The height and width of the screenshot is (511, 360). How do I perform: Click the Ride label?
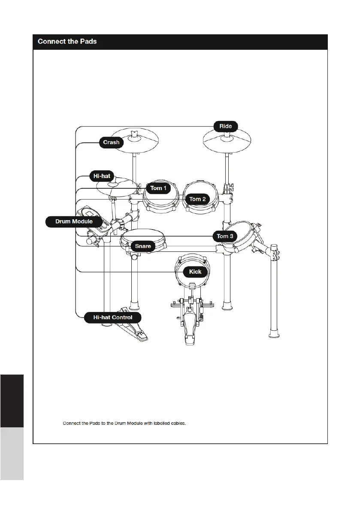[x=226, y=126]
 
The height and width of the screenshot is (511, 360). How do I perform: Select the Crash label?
[x=111, y=142]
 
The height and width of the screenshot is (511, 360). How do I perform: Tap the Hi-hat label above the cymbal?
[x=102, y=175]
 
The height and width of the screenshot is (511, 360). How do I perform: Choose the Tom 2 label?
[x=197, y=199]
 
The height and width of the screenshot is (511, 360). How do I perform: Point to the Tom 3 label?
[x=225, y=236]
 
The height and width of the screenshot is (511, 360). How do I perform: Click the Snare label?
[x=143, y=246]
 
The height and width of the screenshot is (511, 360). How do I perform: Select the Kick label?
[x=195, y=272]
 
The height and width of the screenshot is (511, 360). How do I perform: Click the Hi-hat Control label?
[x=113, y=317]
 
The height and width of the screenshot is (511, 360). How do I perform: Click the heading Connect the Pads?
[x=67, y=42]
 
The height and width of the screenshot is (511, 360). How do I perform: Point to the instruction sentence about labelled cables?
[x=124, y=423]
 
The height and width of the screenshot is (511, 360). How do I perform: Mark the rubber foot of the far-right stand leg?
[x=273, y=333]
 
